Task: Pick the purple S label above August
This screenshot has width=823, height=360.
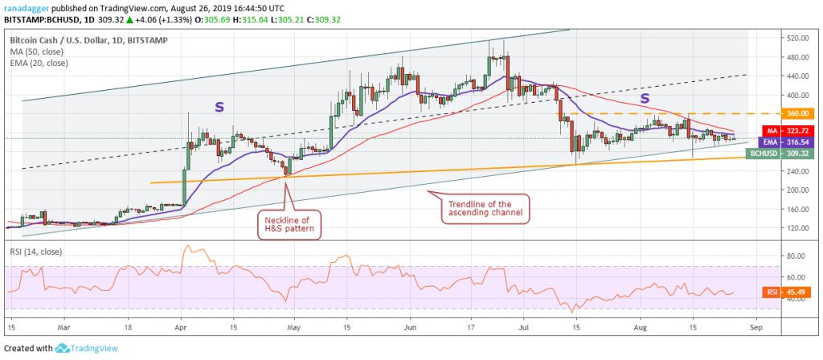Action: coord(644,98)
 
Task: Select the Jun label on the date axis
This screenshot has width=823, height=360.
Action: coord(411,328)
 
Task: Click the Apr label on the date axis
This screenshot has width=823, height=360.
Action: coord(180,328)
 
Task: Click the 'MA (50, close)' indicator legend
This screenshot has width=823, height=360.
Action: coord(39,50)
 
